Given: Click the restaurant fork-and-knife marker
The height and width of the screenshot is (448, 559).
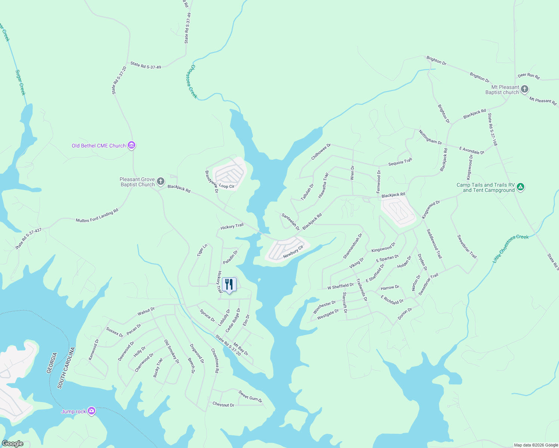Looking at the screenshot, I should [229, 284].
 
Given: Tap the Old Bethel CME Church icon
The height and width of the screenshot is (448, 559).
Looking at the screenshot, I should [131, 145].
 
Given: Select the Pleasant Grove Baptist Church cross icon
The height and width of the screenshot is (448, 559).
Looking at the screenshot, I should [161, 182].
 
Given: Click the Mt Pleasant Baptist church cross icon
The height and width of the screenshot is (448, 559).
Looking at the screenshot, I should [525, 89].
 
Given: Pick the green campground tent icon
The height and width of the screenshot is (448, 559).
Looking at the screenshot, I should [521, 187].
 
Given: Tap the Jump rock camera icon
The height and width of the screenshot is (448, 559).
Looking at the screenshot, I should [92, 411].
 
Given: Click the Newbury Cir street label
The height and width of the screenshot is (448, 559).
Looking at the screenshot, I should [293, 252].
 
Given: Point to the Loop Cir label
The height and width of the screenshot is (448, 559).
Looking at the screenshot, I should [226, 186].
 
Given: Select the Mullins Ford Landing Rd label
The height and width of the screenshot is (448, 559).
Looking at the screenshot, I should [97, 215].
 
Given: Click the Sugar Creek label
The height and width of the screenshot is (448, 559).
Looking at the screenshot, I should [20, 83].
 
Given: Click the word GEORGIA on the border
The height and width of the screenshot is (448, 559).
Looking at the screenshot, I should [52, 363].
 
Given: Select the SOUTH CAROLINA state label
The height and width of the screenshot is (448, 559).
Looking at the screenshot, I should [66, 368].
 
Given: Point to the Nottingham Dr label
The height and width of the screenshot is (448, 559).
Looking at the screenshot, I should [430, 137].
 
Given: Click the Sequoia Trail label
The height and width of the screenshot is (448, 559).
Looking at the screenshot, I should [400, 162].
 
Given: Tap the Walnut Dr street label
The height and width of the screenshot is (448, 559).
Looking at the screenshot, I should [146, 311].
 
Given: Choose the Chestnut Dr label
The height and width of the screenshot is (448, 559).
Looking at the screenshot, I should [223, 404].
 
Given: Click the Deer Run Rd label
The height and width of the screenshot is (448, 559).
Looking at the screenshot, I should [528, 76].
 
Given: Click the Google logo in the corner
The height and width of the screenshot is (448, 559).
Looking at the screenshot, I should [12, 444].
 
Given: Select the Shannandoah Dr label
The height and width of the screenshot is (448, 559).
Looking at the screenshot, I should [353, 246].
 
